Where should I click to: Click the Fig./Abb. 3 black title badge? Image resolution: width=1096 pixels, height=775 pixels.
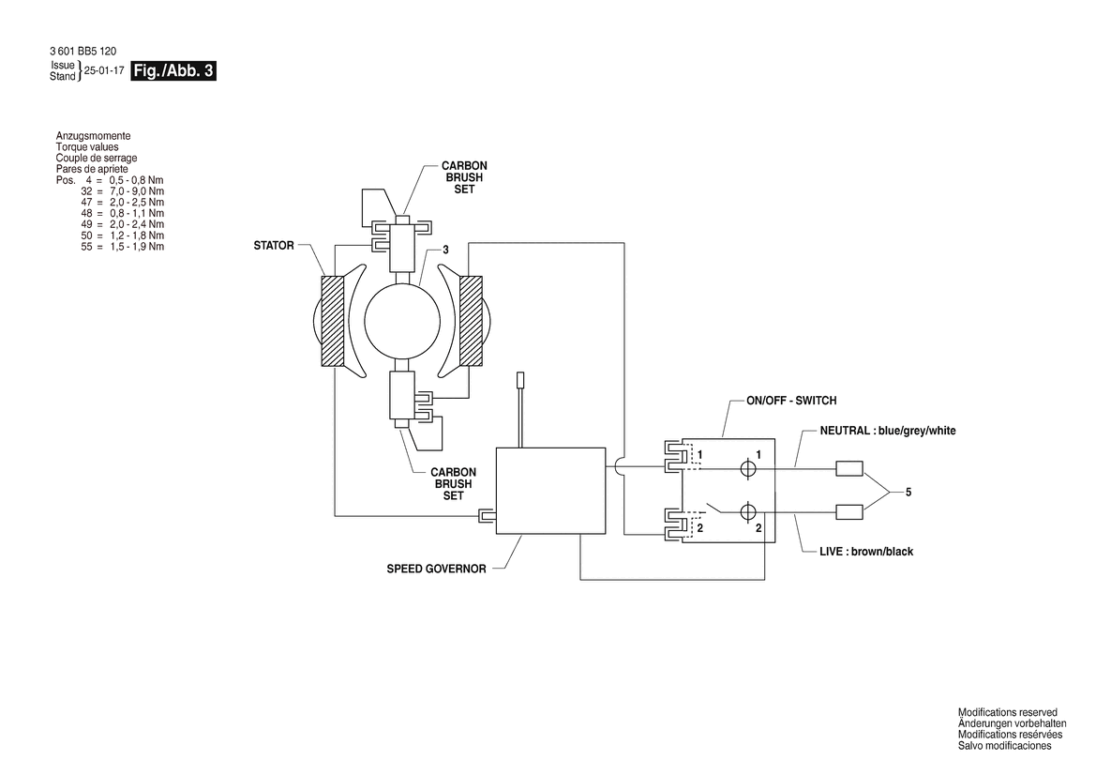[x=173, y=70]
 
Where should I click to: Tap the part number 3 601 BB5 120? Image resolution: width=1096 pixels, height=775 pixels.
[x=83, y=51]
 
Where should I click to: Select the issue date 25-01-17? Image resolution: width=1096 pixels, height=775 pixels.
[x=104, y=70]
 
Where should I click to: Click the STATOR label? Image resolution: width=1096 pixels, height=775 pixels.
[x=274, y=246]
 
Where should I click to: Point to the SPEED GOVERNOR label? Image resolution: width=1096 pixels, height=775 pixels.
[x=436, y=569]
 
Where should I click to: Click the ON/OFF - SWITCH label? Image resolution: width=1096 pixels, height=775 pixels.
[x=791, y=401]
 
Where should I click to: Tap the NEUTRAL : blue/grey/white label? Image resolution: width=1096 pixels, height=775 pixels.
[x=888, y=431]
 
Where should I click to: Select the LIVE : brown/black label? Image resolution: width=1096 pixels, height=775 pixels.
[x=866, y=551]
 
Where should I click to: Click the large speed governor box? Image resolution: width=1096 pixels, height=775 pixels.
[x=550, y=491]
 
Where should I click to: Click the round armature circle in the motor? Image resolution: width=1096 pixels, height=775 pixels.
[x=402, y=322]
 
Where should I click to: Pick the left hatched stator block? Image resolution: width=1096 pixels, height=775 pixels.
[x=334, y=320]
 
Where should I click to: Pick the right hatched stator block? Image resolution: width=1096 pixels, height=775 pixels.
[x=471, y=320]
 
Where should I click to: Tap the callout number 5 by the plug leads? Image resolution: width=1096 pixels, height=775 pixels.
[x=908, y=493]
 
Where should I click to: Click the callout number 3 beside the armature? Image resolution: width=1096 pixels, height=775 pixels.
[x=446, y=250]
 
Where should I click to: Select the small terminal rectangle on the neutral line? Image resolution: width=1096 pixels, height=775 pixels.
[x=849, y=468]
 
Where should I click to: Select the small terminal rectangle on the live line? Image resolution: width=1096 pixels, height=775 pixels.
[x=849, y=512]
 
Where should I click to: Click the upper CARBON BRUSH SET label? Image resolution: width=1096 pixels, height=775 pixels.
[x=464, y=177]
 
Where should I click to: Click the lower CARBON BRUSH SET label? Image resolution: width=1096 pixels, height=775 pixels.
[x=453, y=484]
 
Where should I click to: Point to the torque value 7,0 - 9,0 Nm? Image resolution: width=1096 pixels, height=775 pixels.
[x=137, y=191]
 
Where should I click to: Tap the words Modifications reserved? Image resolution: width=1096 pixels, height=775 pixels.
[x=1007, y=713]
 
